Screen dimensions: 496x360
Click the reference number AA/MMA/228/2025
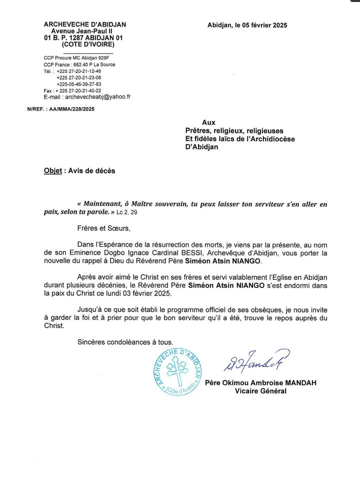pyautogui.click(x=71, y=109)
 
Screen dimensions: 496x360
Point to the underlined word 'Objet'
pyautogui.click(x=52, y=171)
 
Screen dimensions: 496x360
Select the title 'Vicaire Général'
pyautogui.click(x=260, y=391)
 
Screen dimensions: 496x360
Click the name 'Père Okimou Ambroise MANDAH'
pyautogui.click(x=260, y=383)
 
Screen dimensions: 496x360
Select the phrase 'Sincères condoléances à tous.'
pyautogui.click(x=125, y=342)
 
